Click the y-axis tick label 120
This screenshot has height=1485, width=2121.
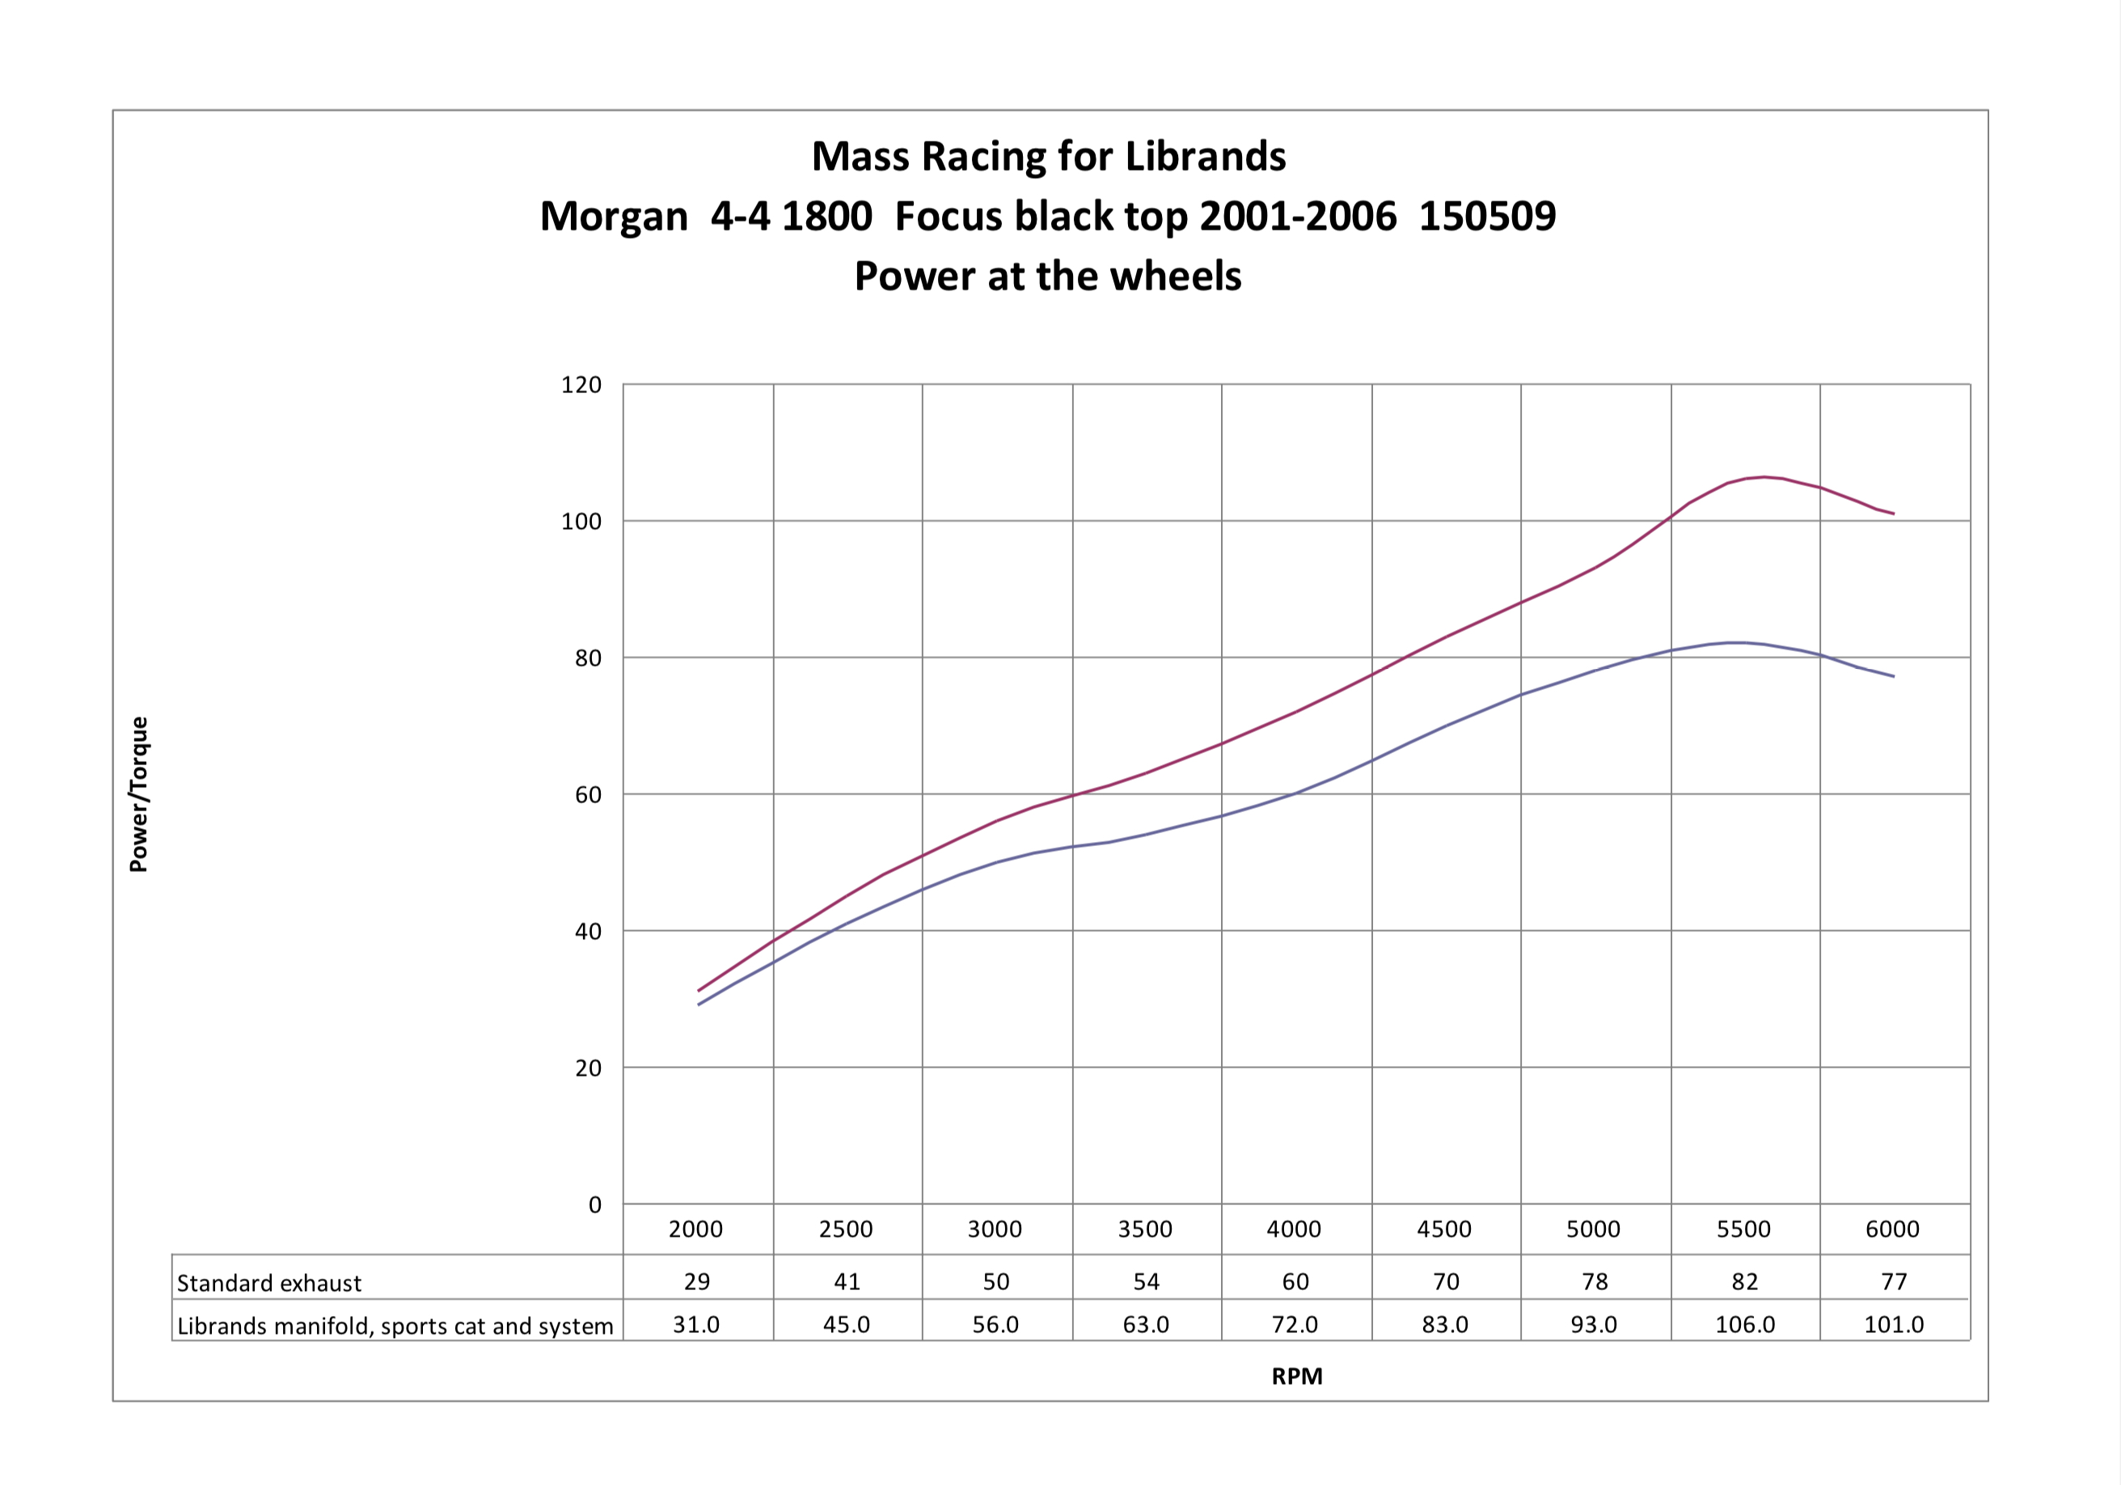[x=581, y=384]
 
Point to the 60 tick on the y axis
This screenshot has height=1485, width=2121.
[x=588, y=795]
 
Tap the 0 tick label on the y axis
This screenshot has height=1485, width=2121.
[x=595, y=1205]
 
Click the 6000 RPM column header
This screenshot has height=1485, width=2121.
[x=1892, y=1229]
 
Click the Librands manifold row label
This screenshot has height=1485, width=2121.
[x=395, y=1326]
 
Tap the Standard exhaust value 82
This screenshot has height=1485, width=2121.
[x=1744, y=1282]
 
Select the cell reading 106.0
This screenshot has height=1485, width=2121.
[x=1744, y=1325]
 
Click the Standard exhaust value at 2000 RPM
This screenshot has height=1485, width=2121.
[x=696, y=1282]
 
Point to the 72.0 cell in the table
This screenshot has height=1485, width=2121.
[x=1295, y=1325]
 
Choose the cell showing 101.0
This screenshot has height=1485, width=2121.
[x=1893, y=1325]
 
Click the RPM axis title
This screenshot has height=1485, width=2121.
[x=1297, y=1376]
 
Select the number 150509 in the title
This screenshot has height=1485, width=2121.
[x=1486, y=216]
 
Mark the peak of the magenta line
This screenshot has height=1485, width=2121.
[x=1764, y=477]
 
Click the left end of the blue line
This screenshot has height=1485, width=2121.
[x=699, y=1005]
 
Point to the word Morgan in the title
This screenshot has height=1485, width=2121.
[x=614, y=216]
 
